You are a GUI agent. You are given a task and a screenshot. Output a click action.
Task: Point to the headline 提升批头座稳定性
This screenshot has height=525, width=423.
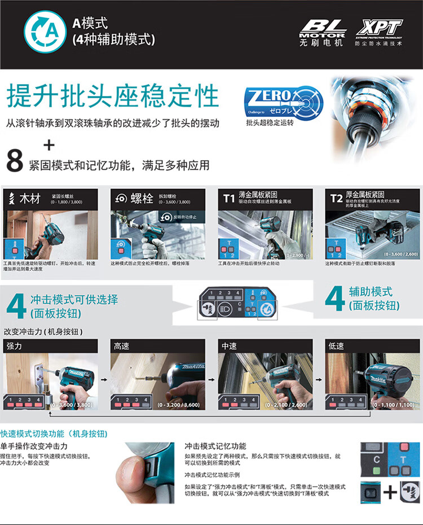[x=113, y=96]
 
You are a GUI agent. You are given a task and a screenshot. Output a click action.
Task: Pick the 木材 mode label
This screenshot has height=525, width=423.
[x=30, y=199]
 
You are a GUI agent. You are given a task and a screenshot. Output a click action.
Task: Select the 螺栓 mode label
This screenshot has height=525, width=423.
[x=142, y=199]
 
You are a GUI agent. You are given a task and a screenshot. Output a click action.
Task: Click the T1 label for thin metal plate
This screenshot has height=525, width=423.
[x=228, y=198]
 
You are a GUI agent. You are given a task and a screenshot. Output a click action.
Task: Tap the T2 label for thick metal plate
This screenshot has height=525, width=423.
[x=336, y=198]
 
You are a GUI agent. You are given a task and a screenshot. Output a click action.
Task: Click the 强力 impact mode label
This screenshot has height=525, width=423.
[x=14, y=345]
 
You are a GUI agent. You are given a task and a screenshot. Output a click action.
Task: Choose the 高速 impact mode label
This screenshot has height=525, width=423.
[x=122, y=345]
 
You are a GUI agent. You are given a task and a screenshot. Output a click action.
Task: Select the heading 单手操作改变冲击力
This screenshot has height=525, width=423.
[x=30, y=446]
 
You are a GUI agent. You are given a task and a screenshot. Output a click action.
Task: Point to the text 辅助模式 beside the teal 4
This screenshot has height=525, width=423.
[x=371, y=292]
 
